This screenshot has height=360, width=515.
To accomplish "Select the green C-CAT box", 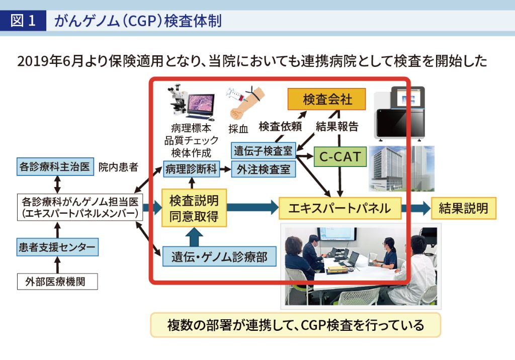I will click(340, 157).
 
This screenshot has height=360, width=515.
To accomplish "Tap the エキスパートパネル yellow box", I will click(339, 208).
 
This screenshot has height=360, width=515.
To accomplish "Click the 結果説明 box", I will click(463, 208).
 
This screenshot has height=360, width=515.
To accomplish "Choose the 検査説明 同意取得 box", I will click(194, 208).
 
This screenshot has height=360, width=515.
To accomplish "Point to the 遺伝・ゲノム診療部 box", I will click(220, 257).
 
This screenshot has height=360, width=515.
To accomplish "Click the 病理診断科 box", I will click(191, 169).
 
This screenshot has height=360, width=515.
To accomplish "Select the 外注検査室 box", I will click(264, 169).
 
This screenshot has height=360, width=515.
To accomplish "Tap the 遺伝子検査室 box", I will click(264, 150).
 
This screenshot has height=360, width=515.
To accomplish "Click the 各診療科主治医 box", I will click(55, 167).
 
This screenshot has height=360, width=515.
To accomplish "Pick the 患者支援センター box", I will click(57, 247).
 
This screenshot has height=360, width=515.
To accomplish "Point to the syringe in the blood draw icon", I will click(236, 93).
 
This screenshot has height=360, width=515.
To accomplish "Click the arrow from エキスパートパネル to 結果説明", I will click(415, 208).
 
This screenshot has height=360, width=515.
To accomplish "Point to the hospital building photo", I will click(401, 169).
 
